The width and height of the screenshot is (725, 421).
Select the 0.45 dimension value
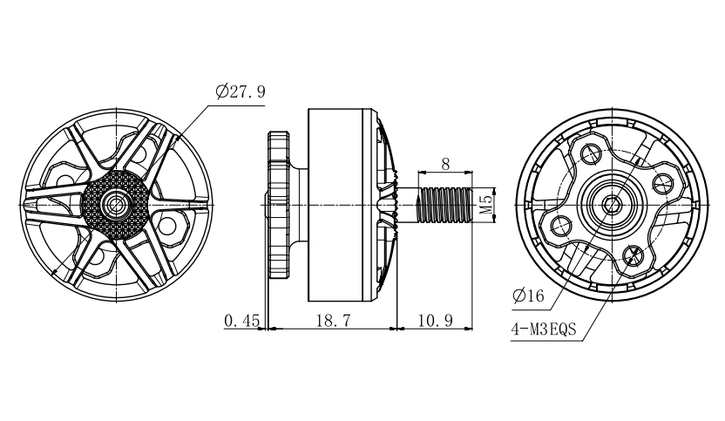241,321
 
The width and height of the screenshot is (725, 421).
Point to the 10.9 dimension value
434,321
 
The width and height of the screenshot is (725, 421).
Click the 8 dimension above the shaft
445,163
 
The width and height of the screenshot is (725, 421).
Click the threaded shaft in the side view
444,205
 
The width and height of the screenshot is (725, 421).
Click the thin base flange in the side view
277,205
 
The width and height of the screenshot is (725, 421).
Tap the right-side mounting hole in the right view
661,182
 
